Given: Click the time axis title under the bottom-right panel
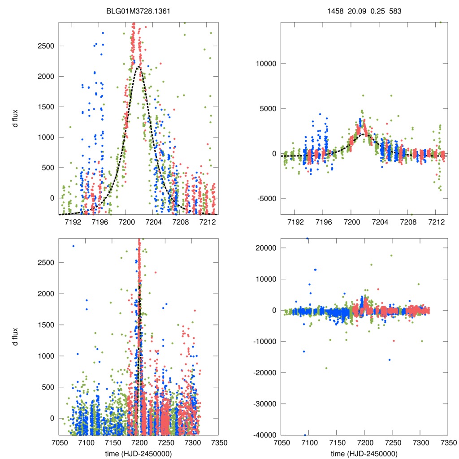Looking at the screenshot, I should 364,453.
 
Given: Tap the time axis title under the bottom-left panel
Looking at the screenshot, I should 139,453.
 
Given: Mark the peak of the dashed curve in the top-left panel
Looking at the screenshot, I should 139,67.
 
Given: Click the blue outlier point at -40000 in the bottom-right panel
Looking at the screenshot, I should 305,435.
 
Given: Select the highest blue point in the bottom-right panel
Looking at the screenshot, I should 307,238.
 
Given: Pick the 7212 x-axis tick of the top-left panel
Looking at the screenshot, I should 208,221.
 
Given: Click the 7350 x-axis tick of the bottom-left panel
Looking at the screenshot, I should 218,442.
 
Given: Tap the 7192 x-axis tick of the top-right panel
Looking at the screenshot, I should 294,221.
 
